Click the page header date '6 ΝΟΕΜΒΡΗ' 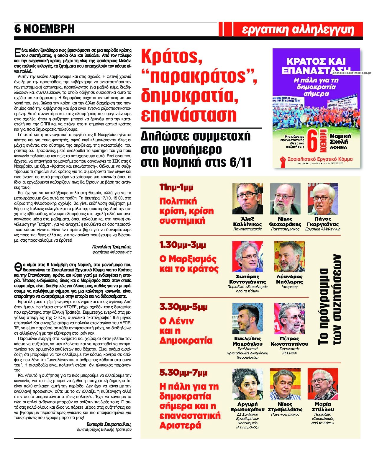click(44, 29)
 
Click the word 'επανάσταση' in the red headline click(189, 115)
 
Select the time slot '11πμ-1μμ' click(176, 187)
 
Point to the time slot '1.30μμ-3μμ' click(182, 245)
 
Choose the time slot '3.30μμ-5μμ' click(183, 307)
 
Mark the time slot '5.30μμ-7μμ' click(183, 372)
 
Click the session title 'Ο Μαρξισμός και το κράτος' click(189, 264)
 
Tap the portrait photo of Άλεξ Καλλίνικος click(247, 199)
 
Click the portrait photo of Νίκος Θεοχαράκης click(285, 199)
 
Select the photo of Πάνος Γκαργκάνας click(322, 199)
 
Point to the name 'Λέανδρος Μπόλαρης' click(289, 279)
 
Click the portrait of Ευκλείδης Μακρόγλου click(247, 318)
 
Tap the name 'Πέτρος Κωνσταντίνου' click(289, 341)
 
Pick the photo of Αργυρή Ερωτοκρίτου click(247, 384)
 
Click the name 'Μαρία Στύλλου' click(322, 407)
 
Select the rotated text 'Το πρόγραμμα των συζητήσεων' click(330, 299)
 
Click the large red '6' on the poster click(312, 141)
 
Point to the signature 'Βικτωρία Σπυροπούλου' click(109, 424)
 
